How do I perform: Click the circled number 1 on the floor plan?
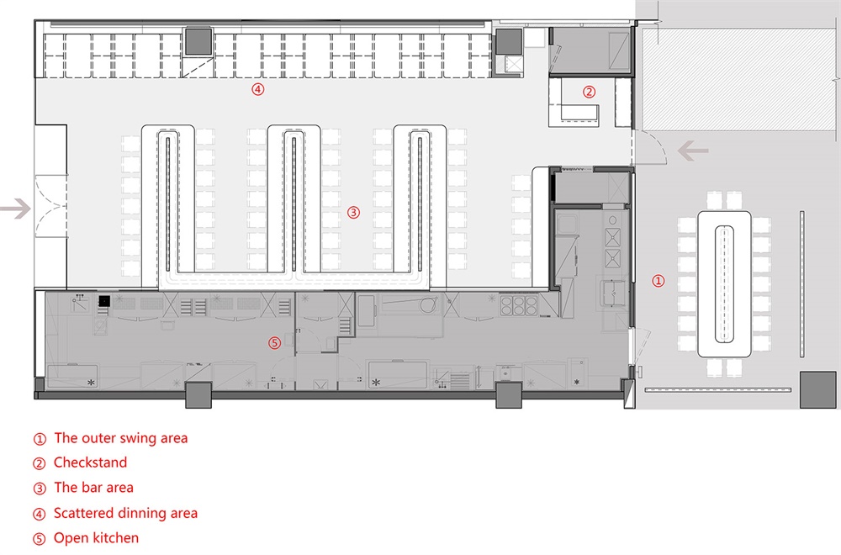coord(659,281)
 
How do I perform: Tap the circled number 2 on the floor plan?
coord(589,92)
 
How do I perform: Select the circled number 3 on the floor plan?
coord(353,213)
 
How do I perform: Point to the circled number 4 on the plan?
coord(258,89)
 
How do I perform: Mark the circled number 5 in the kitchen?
coord(275,342)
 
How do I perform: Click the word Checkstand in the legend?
coord(90,462)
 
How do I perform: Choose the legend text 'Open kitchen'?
coord(97,538)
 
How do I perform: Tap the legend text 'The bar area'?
coord(94,488)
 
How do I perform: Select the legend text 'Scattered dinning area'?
coord(125,513)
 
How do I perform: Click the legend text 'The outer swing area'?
coord(121,438)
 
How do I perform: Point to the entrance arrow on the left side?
coord(15,209)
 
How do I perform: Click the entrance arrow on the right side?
coord(693,151)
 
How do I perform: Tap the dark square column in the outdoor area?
coord(818,390)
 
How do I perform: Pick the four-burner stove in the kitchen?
coord(519,305)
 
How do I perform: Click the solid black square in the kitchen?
coord(104,301)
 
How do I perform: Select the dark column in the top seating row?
coord(198,41)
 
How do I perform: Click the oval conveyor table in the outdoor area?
coord(724,284)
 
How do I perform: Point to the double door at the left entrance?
coord(51,206)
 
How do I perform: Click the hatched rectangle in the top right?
coord(739,79)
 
